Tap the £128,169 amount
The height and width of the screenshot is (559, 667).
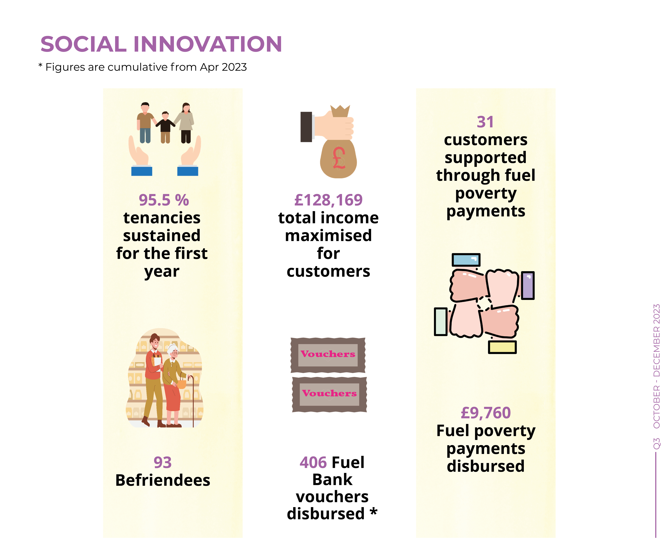pos(328,200)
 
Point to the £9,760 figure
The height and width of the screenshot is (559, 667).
pos(486,413)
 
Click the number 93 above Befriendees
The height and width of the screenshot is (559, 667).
pos(163,462)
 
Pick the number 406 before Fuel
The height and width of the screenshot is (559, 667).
pos(313,462)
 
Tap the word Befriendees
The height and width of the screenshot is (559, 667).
pos(163,480)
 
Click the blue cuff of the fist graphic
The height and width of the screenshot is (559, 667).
pos(466,260)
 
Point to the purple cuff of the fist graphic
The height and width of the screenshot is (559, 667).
pos(528,285)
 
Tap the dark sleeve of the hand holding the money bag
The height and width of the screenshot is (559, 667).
pos(306,127)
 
